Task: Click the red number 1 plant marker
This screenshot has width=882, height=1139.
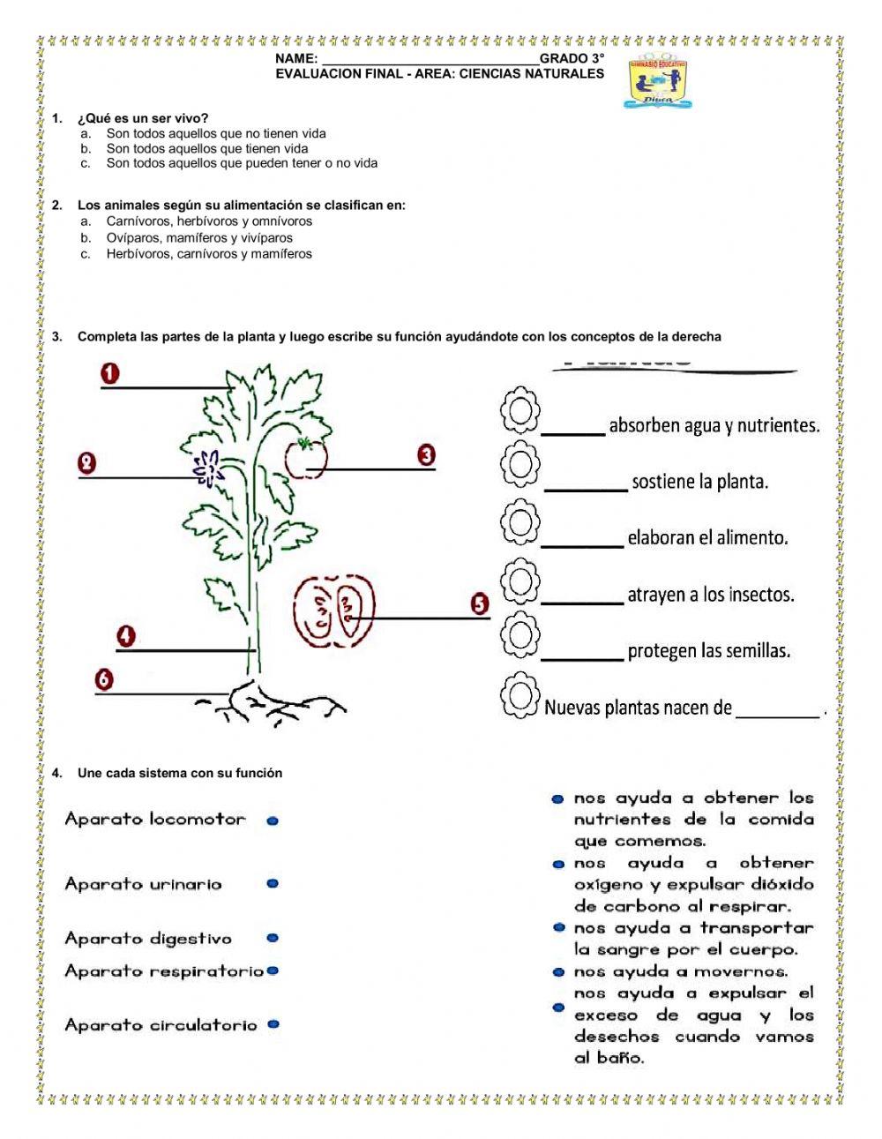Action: click(110, 374)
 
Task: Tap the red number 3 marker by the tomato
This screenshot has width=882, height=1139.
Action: click(426, 455)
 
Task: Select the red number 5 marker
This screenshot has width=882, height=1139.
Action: click(479, 603)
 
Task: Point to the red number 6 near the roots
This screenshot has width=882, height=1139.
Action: click(104, 679)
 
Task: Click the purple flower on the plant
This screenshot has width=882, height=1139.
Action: click(209, 468)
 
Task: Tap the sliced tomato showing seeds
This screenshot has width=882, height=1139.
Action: click(333, 610)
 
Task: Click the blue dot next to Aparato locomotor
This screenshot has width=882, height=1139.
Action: click(273, 821)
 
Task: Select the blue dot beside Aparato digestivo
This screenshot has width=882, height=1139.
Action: click(273, 939)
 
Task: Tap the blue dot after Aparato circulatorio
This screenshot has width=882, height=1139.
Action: click(273, 1024)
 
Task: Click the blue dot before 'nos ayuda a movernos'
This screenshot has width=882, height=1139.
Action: click(557, 972)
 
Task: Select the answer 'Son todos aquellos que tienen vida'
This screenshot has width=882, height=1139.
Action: click(207, 148)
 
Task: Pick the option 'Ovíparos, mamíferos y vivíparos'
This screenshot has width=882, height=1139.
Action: click(199, 237)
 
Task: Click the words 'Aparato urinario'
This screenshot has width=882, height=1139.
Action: click(143, 884)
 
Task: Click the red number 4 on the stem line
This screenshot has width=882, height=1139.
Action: click(126, 636)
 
